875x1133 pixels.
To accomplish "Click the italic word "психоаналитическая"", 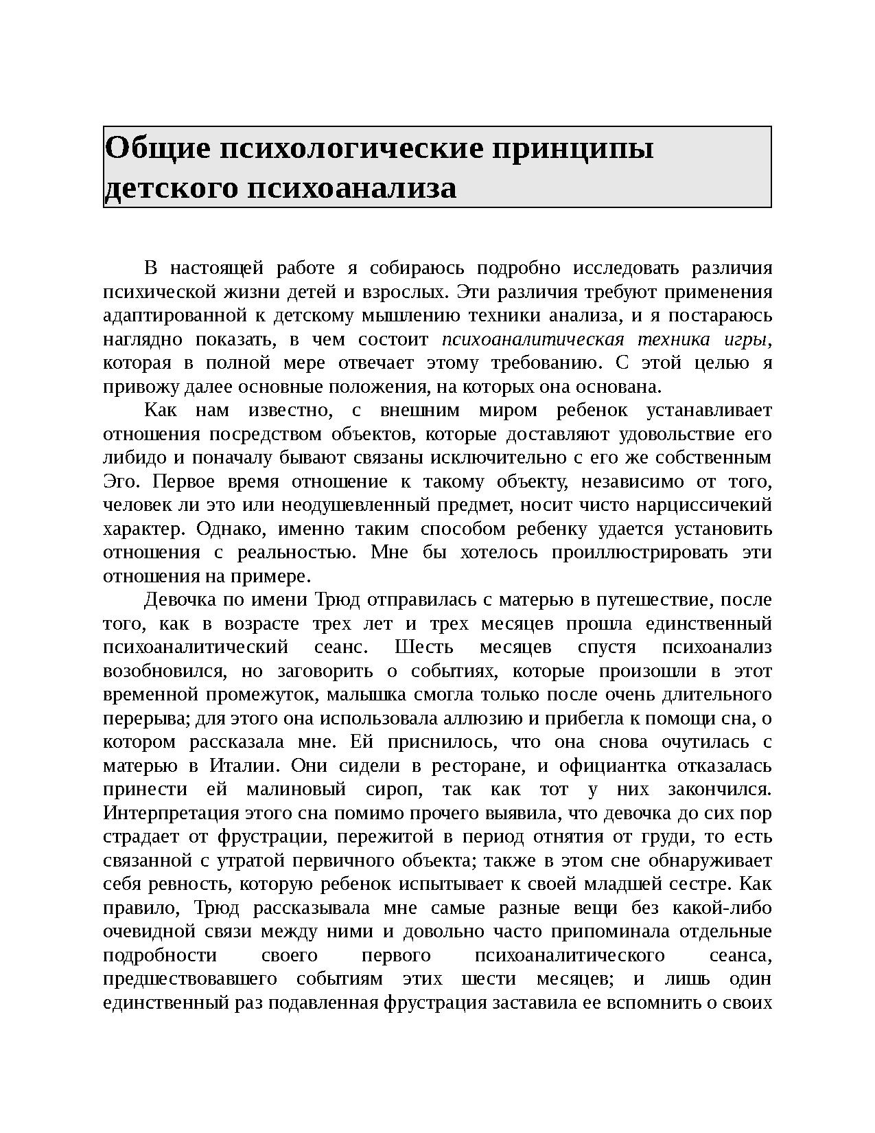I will [x=533, y=339].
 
